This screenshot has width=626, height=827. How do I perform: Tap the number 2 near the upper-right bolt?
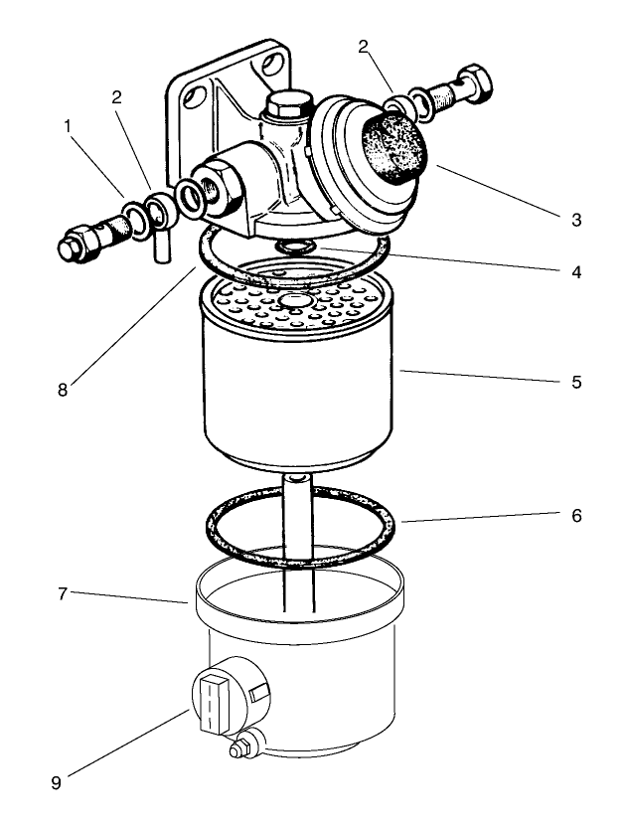tap(364, 45)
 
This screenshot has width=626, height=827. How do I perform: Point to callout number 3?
tap(576, 219)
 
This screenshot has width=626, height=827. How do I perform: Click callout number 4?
tap(576, 271)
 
